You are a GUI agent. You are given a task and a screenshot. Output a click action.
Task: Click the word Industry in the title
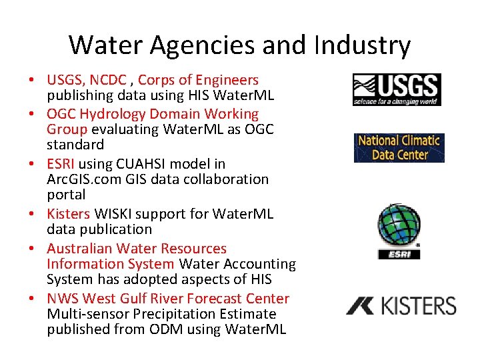369,45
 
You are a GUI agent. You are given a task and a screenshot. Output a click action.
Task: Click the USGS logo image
397,90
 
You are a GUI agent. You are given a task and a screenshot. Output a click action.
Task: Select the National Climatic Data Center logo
399,147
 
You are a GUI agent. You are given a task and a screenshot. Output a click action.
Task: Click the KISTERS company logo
401,306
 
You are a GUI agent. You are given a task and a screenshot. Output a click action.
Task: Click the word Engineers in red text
225,81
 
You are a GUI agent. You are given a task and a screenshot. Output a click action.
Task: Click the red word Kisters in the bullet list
68,214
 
